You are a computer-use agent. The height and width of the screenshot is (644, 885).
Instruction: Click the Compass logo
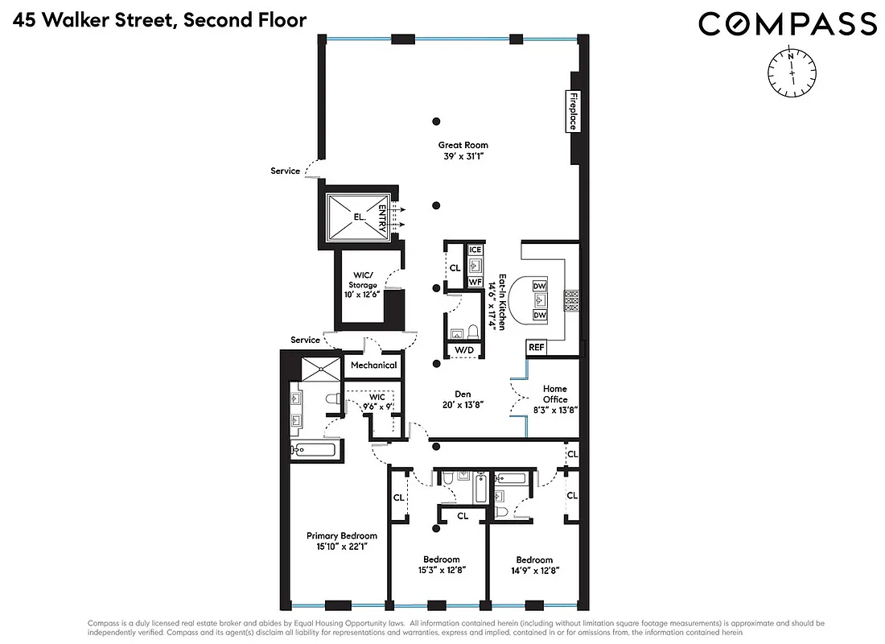(787, 23)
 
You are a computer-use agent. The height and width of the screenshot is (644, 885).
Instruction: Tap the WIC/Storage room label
(362, 285)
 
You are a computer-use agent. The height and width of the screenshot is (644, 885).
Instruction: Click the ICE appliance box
(475, 250)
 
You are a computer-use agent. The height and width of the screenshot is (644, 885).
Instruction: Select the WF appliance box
(475, 282)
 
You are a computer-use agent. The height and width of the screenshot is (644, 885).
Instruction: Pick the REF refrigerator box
(536, 348)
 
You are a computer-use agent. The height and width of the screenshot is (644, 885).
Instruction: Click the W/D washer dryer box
(464, 350)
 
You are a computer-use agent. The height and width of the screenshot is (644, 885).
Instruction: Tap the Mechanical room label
(374, 365)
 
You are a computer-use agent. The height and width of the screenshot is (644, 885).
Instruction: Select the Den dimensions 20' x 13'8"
(463, 405)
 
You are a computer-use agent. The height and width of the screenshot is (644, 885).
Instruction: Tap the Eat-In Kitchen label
(502, 302)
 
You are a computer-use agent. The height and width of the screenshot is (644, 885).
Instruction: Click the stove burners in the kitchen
(572, 300)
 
